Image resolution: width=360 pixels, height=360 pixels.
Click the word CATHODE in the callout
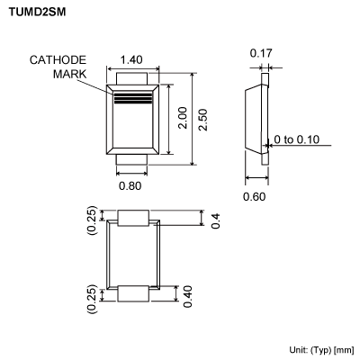pyautogui.click(x=58, y=60)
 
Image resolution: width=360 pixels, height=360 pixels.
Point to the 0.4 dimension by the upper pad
pyautogui.click(x=215, y=220)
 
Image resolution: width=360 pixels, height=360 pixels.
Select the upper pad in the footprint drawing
pyautogui.click(x=133, y=218)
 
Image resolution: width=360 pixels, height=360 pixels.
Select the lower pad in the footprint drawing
pyautogui.click(x=133, y=294)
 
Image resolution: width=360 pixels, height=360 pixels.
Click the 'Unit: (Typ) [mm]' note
pyautogui.click(x=321, y=348)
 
